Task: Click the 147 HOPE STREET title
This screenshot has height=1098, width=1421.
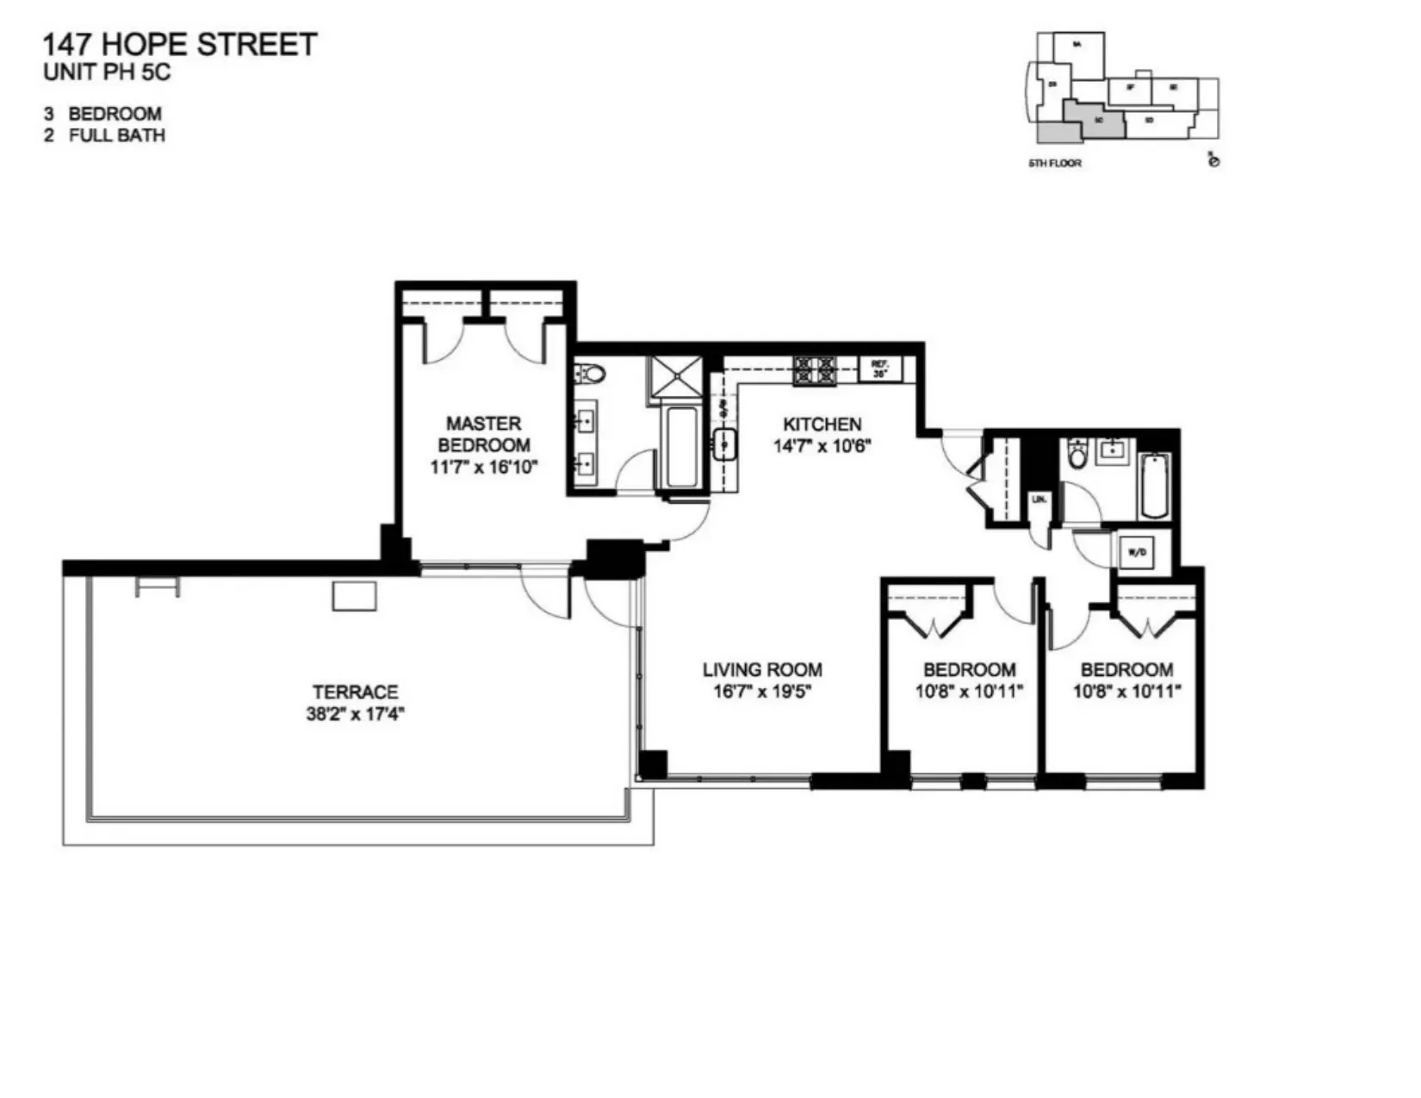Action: click(x=179, y=45)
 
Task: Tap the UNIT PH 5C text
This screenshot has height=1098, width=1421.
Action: click(x=107, y=73)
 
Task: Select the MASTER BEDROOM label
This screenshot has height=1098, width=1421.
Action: click(x=483, y=434)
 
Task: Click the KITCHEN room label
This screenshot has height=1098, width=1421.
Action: click(x=822, y=424)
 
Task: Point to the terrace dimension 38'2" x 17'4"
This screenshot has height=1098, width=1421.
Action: click(x=355, y=714)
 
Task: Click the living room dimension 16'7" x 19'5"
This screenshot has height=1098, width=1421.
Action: click(x=762, y=692)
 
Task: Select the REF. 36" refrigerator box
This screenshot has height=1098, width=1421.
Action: click(x=879, y=369)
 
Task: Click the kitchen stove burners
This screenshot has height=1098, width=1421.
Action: click(x=815, y=371)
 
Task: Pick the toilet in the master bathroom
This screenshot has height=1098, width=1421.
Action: click(x=592, y=375)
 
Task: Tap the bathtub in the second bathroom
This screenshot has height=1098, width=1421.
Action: click(x=1154, y=487)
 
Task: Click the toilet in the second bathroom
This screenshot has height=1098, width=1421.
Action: click(x=1077, y=454)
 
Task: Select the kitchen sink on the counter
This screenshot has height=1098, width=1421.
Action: click(x=724, y=444)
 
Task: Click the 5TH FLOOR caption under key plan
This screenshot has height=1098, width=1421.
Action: click(x=1054, y=163)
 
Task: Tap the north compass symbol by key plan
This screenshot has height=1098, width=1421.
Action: click(x=1213, y=161)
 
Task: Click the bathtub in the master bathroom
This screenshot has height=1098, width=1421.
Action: click(x=681, y=446)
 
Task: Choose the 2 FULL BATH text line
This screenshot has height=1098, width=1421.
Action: click(x=104, y=135)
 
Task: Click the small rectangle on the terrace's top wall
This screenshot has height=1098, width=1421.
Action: click(x=354, y=597)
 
